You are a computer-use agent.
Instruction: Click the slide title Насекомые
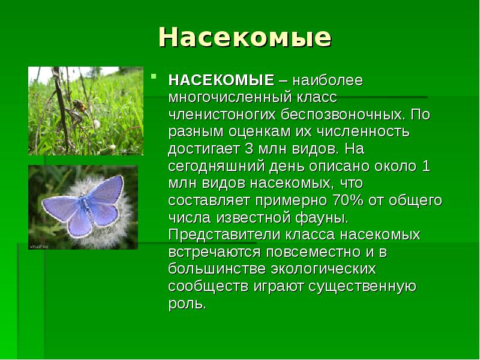(244, 37)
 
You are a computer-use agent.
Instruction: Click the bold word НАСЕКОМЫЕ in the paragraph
(220, 80)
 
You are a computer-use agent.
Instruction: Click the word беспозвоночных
(338, 114)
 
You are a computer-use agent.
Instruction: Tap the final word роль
(187, 302)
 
